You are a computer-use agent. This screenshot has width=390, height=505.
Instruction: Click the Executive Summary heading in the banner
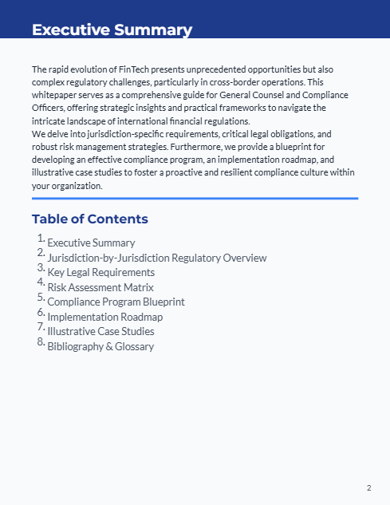(x=112, y=30)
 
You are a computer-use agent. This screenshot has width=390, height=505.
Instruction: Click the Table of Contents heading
(x=89, y=219)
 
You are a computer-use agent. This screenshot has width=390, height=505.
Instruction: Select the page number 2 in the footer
(x=368, y=487)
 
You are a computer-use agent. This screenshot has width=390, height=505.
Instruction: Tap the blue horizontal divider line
(x=195, y=198)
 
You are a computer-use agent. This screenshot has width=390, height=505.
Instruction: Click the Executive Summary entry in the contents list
(x=91, y=243)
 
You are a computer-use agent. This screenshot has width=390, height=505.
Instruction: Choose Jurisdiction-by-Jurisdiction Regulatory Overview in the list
(x=156, y=258)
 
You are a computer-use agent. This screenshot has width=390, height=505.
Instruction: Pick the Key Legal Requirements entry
(x=100, y=272)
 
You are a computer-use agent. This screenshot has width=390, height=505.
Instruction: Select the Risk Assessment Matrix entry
(x=100, y=287)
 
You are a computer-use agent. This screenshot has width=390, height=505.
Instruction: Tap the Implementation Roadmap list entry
(x=104, y=317)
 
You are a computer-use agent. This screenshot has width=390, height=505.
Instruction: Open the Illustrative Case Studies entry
(x=100, y=331)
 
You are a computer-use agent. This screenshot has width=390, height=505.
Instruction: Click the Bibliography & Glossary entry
(x=100, y=346)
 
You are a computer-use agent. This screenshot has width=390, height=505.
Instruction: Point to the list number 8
(x=40, y=341)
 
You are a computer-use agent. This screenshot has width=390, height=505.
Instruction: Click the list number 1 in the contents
(x=40, y=238)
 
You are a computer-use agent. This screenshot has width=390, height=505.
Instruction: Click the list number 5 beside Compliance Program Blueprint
(x=40, y=297)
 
